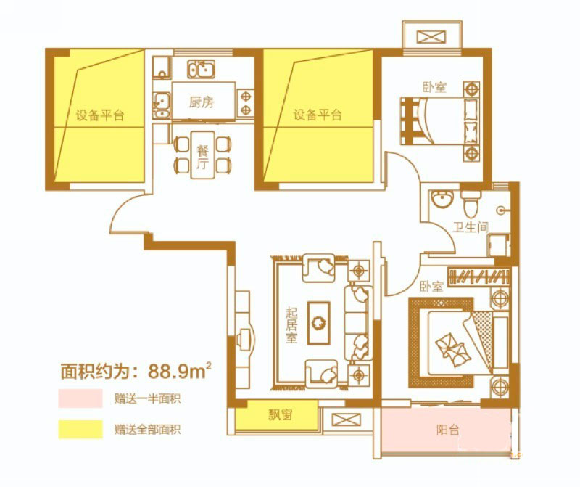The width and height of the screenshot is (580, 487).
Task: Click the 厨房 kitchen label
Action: (202, 102)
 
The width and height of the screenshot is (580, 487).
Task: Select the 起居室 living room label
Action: (291, 326)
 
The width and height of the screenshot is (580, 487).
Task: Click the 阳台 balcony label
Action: (448, 430)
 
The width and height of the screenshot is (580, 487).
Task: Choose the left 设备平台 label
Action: (100, 115)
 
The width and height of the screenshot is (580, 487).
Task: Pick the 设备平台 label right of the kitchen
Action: (318, 115)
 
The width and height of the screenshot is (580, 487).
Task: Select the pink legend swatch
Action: (80, 398)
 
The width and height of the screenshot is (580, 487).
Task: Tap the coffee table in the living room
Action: (318, 320)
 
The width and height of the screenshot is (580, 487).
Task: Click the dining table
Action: (203, 154)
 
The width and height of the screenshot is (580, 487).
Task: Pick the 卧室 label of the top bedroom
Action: (434, 87)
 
